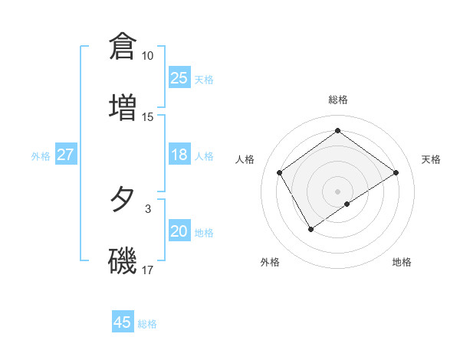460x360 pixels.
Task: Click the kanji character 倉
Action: pos(123,46)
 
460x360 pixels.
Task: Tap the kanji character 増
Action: pos(123,107)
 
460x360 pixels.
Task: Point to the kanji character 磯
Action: pos(123,260)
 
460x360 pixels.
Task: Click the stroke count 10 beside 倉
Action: pos(148,56)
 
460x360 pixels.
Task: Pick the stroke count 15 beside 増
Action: pos(148,117)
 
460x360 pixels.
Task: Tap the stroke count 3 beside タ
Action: pos(148,208)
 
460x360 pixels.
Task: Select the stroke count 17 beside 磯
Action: pos(148,270)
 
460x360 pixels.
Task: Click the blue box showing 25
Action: pos(179,78)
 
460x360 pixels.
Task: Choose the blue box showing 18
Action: pos(179,155)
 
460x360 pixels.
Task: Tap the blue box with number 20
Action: pos(179,231)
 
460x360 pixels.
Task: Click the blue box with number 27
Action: pos(65,155)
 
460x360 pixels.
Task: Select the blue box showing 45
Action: pos(123,322)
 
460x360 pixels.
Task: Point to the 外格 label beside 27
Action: pos(41,155)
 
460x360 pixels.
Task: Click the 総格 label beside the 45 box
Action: pos(147,323)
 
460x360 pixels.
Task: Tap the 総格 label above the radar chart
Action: pos(337,100)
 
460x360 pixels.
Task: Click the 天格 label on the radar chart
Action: pos(431,159)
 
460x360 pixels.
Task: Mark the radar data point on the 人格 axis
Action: pos(280,172)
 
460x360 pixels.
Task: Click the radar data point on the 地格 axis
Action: pos(347,204)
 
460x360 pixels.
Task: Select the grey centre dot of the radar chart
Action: pos(337,190)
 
